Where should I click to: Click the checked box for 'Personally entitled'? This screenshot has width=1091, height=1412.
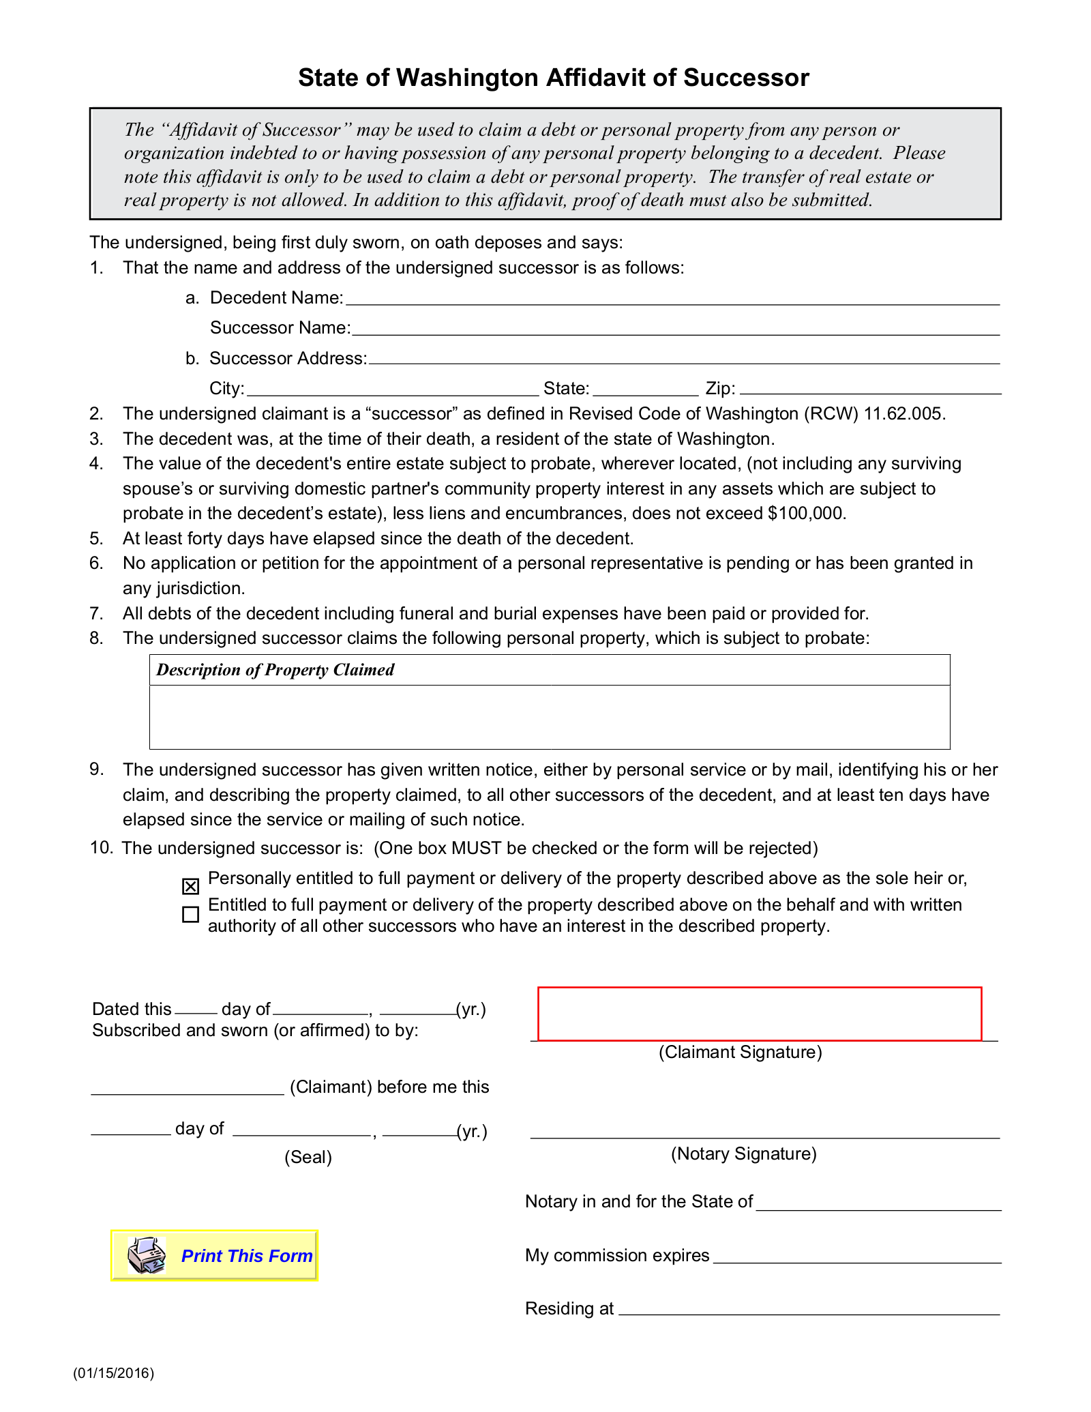[x=191, y=886]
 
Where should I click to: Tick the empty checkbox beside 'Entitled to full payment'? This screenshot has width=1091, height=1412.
[x=191, y=914]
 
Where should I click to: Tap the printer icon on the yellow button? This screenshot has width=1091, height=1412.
[x=147, y=1255]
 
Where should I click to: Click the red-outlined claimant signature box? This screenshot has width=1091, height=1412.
[x=760, y=1014]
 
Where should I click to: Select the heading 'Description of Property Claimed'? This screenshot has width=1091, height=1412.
[x=275, y=670]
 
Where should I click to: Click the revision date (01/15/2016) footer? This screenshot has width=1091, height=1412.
[x=114, y=1373]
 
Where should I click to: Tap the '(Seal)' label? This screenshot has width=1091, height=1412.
[x=308, y=1158]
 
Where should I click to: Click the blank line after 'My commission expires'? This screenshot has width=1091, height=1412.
[x=856, y=1258]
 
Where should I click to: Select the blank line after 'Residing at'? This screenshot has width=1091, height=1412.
[x=809, y=1309]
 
